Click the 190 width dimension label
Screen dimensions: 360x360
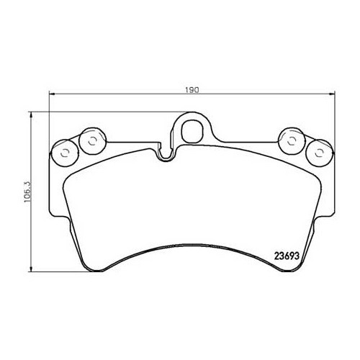[192, 91]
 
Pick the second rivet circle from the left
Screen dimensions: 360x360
[91, 140]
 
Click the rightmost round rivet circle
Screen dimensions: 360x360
[318, 152]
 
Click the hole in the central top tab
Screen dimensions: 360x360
[192, 132]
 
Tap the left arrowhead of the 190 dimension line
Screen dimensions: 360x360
[50, 96]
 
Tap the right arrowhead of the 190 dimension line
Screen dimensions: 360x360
[333, 96]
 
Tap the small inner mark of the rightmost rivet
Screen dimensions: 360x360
[318, 152]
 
